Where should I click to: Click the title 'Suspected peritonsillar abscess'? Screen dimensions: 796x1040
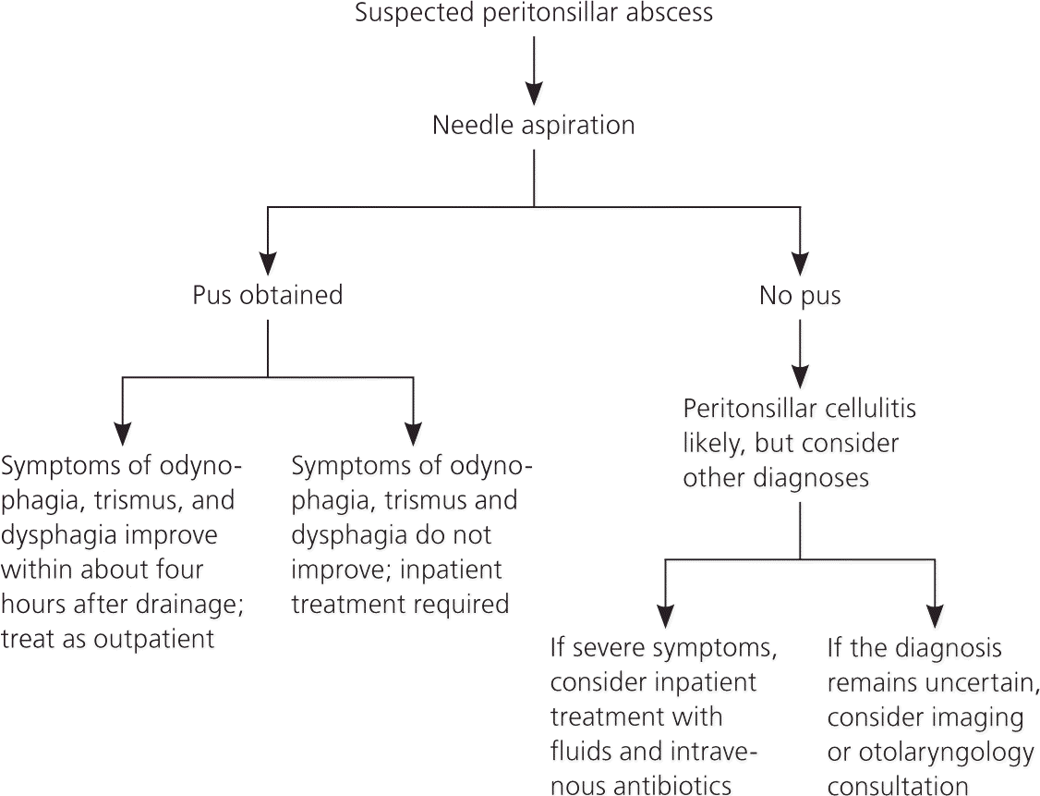pos(534,13)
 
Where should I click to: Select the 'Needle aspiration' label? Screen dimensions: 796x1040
pos(534,125)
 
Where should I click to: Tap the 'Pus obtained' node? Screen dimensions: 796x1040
pos(268,295)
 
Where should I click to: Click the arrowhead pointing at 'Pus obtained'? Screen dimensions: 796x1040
pos(268,263)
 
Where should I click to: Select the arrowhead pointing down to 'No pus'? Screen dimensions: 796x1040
pos(800,263)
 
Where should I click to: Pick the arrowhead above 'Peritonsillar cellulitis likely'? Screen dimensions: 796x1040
pos(800,374)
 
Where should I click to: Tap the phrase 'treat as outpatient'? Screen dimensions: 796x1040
pos(108,639)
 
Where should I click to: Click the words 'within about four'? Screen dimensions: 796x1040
pos(102,569)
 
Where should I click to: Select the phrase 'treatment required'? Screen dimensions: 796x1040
pos(400,605)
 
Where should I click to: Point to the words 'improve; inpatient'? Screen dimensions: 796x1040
pos(397,569)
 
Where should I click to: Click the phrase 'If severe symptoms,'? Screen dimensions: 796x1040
pos(663,647)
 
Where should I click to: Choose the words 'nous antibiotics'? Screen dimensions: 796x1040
pos(641,786)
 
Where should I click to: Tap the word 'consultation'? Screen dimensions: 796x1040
pos(898,786)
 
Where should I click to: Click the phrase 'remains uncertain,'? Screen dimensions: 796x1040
pos(933,682)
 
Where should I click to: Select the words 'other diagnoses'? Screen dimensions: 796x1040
pos(776,478)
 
